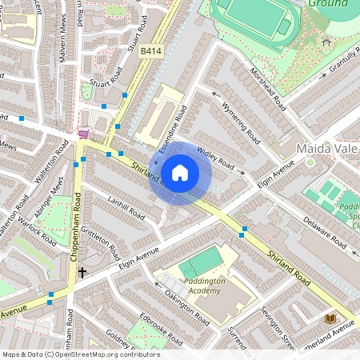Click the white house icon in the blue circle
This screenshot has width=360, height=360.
pos(180,172)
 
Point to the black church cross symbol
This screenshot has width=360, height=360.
pos(82,273)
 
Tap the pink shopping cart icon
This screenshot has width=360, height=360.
pos(84,134)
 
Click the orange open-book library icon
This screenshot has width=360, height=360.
pos(329,318)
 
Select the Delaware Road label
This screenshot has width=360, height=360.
pos(327,226)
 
